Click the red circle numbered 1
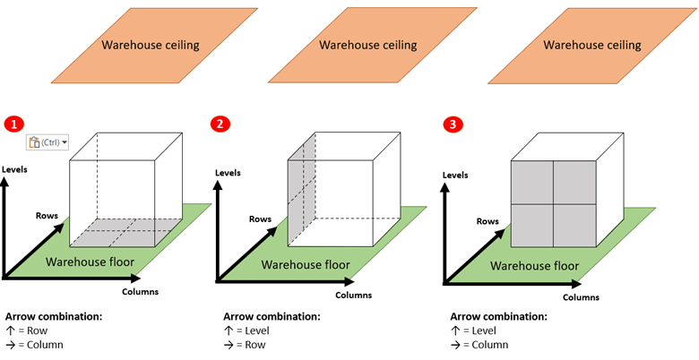(13, 124)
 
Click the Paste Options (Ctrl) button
(47, 141)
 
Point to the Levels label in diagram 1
(15, 169)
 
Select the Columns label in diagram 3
(581, 296)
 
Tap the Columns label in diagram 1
(140, 292)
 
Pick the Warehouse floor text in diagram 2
(306, 264)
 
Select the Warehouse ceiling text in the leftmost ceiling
(150, 45)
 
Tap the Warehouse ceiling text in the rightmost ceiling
(592, 45)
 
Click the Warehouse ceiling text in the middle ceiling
(367, 45)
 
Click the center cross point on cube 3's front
(553, 204)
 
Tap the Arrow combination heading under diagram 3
(499, 316)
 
